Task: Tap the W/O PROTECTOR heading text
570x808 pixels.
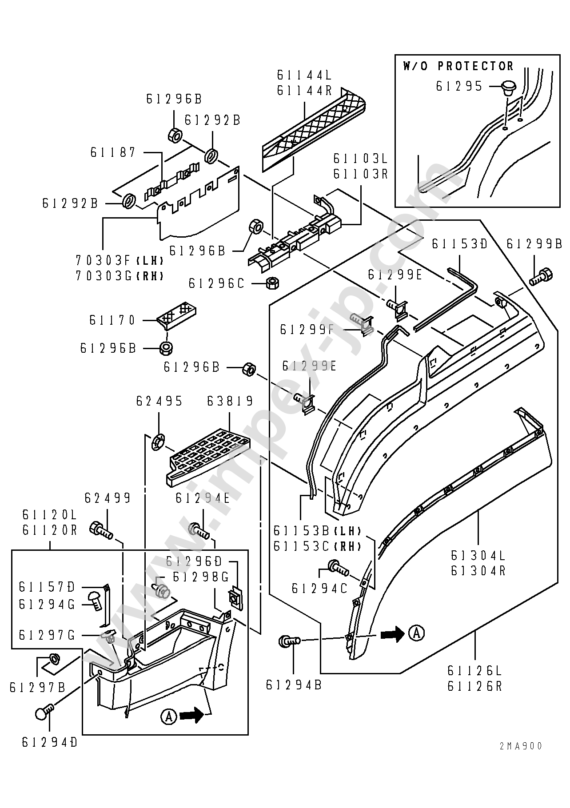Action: click(x=458, y=66)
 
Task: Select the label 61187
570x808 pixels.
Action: click(x=113, y=153)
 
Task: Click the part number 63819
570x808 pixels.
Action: click(x=230, y=402)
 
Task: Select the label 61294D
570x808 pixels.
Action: click(x=49, y=742)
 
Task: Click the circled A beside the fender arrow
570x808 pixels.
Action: click(x=416, y=633)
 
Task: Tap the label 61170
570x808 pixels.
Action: click(x=112, y=320)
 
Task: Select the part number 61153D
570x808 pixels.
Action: click(x=459, y=244)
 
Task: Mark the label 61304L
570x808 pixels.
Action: click(x=478, y=556)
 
